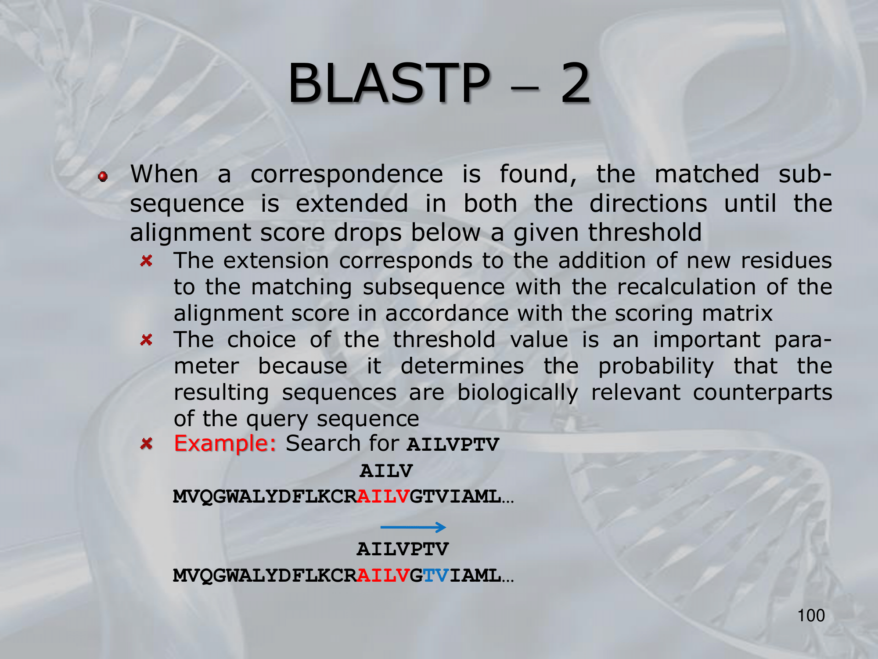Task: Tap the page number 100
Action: coord(811,616)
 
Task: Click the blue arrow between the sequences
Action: coord(413,527)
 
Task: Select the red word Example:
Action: coord(225,443)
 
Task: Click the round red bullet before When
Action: coord(103,176)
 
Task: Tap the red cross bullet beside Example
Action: coord(146,443)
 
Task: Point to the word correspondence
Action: coord(347,174)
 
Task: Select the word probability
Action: coord(656,367)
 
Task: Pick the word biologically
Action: coord(518,393)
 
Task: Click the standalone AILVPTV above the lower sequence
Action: coord(403,549)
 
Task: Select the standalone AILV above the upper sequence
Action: coord(386,471)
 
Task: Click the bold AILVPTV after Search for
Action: coord(453,444)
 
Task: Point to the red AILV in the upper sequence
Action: coord(383,496)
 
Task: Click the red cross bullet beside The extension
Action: coord(146,261)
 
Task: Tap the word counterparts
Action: coord(763,392)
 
